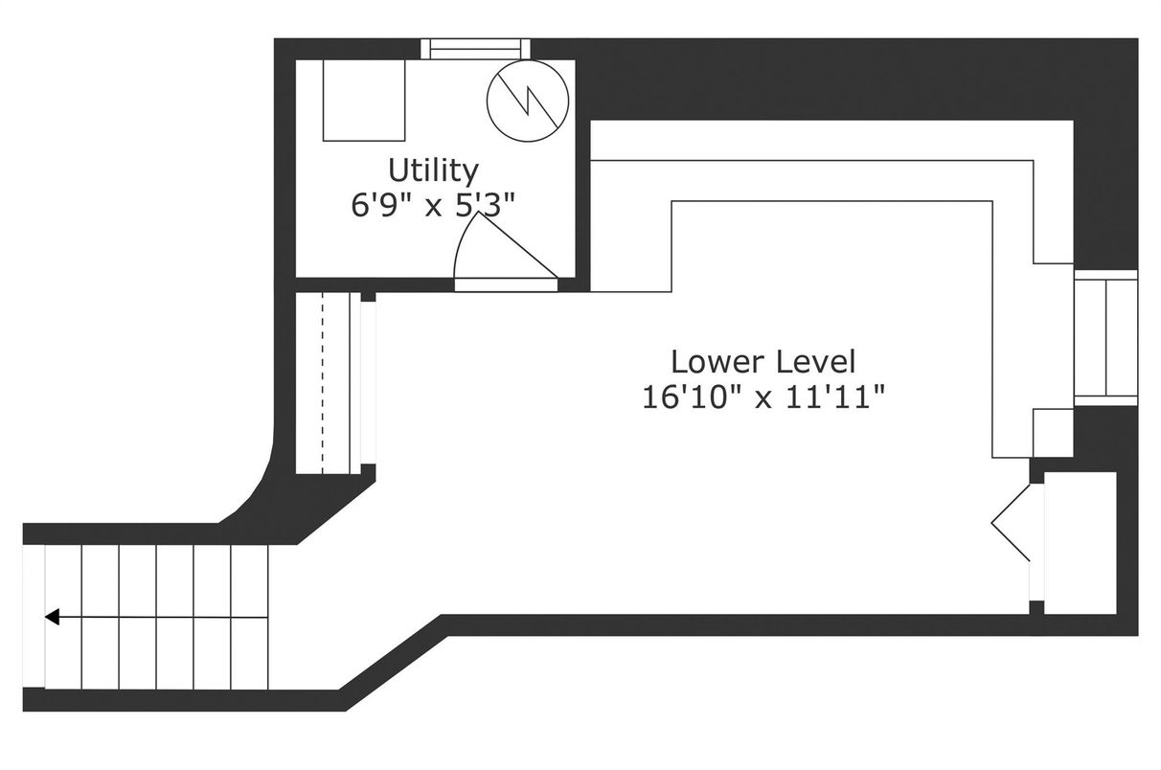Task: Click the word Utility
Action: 433,171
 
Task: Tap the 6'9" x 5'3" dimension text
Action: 433,205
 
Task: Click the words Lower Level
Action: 763,362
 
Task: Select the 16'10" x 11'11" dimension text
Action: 763,398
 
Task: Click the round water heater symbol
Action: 528,102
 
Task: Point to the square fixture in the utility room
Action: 364,100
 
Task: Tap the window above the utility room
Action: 475,49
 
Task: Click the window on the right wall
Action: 1105,338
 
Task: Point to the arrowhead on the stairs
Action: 53,617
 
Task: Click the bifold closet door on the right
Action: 1011,523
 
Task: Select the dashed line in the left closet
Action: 323,383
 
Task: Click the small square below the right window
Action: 1053,433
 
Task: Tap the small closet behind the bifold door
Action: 1081,543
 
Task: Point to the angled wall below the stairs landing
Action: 394,664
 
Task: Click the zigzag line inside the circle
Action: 528,102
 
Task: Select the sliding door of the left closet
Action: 368,383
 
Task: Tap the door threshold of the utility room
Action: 506,285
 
